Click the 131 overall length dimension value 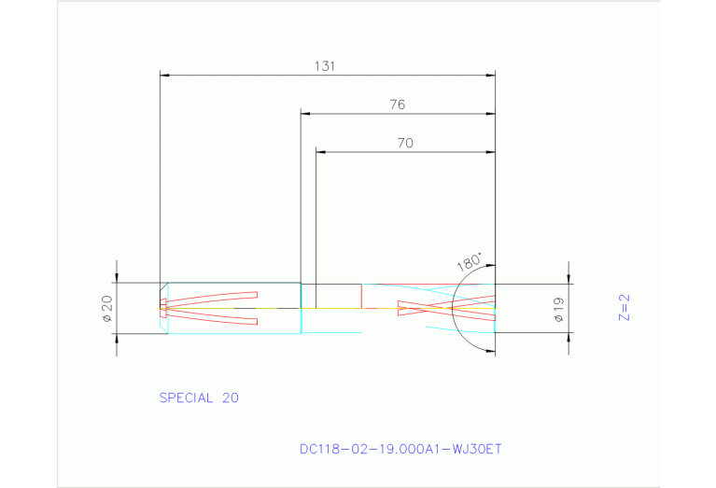(x=325, y=66)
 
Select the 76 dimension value (x=397, y=105)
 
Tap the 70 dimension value (x=404, y=144)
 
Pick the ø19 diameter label (x=558, y=309)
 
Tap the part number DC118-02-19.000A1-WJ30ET (x=400, y=449)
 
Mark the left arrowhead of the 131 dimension (x=165, y=74)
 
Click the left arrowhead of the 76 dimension (x=305, y=113)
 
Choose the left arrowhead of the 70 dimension (x=320, y=151)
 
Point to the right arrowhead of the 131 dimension (x=490, y=74)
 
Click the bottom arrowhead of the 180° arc (x=489, y=349)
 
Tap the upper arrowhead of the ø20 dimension (x=117, y=277)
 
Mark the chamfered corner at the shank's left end (x=163, y=286)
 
